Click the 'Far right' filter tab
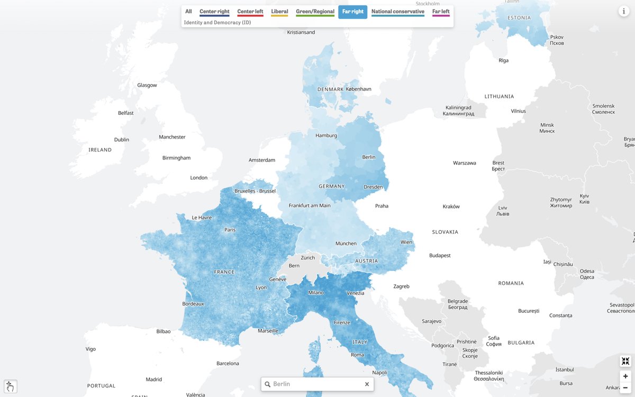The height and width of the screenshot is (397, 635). click(x=352, y=12)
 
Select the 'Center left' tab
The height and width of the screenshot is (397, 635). click(x=250, y=12)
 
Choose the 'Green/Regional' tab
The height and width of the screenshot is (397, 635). click(x=315, y=12)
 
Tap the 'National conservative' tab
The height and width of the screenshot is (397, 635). click(x=397, y=12)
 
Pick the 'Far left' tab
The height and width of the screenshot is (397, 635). click(x=440, y=12)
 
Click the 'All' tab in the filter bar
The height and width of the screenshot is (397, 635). click(x=188, y=12)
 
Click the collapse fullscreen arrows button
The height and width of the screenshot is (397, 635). click(x=625, y=361)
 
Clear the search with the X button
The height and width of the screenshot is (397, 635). click(x=367, y=384)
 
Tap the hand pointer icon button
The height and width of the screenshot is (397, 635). click(x=11, y=386)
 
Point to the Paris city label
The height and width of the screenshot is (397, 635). click(x=230, y=230)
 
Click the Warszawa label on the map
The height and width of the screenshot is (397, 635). click(x=464, y=163)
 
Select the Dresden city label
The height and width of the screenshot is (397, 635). click(x=373, y=187)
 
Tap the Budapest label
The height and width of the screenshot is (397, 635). click(x=440, y=256)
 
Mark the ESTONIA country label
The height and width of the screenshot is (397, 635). click(x=519, y=17)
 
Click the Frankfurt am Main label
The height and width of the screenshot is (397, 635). click(x=310, y=205)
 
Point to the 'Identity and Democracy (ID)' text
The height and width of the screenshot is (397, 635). click(x=217, y=23)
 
